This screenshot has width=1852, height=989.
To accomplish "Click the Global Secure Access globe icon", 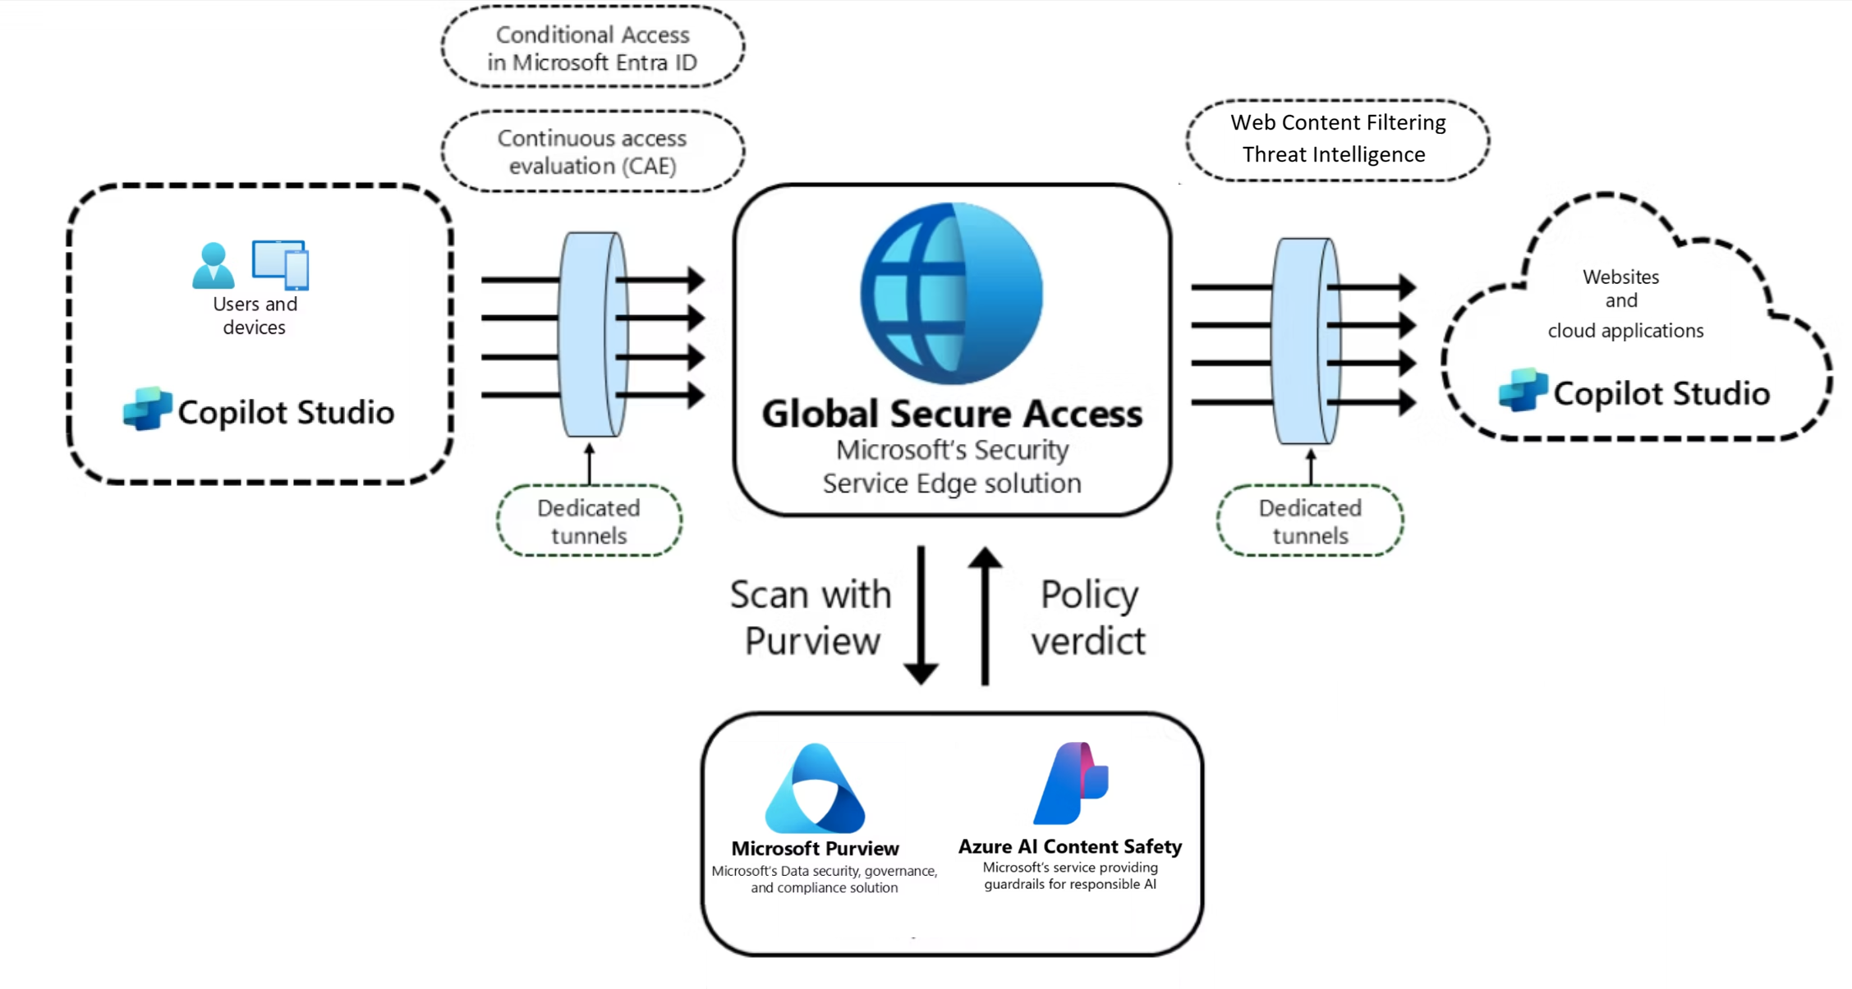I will pyautogui.click(x=952, y=294).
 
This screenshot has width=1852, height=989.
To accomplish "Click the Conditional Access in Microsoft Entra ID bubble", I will pyautogui.click(x=592, y=48).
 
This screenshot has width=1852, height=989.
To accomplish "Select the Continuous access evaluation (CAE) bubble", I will pyautogui.click(x=592, y=152).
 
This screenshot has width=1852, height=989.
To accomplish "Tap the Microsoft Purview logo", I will pyautogui.click(x=815, y=789).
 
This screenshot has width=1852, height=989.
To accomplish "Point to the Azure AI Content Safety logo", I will pyautogui.click(x=1071, y=784).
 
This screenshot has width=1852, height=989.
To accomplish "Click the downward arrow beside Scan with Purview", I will pyautogui.click(x=921, y=616).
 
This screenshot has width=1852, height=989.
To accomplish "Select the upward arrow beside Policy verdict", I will pyautogui.click(x=985, y=616).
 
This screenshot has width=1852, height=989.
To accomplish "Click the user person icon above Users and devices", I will pyautogui.click(x=214, y=265).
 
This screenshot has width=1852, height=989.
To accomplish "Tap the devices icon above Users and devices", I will pyautogui.click(x=281, y=264).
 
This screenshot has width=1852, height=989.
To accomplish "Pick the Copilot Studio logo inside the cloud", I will pyautogui.click(x=1523, y=391).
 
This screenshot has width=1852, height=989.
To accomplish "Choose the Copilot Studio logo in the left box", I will pyautogui.click(x=147, y=409).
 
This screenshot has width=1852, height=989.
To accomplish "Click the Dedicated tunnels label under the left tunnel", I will pyautogui.click(x=589, y=521).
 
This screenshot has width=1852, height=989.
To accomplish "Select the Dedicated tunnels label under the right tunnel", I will pyautogui.click(x=1310, y=521).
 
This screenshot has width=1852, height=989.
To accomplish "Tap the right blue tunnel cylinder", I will pyautogui.click(x=1306, y=341).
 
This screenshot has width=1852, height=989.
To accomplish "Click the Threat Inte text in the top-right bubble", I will pyautogui.click(x=1296, y=154).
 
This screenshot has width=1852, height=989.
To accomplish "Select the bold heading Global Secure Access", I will pyautogui.click(x=952, y=414).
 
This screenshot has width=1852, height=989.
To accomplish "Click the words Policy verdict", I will pyautogui.click(x=1088, y=617).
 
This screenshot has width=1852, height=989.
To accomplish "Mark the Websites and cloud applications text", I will pyautogui.click(x=1624, y=303).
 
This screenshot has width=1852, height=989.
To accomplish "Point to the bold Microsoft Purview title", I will pyautogui.click(x=815, y=849).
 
